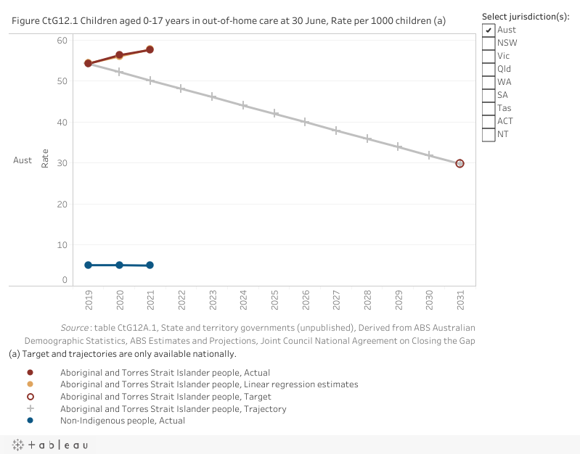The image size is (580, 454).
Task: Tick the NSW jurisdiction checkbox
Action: [489, 43]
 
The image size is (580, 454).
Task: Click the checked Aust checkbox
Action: [489, 30]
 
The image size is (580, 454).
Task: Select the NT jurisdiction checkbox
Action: [489, 134]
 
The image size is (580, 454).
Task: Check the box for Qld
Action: [489, 69]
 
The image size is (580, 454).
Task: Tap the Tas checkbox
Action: [489, 108]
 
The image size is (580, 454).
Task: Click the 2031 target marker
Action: [459, 163]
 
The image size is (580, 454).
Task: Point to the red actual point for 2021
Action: [150, 49]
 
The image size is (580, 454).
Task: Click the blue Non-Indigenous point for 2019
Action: [88, 265]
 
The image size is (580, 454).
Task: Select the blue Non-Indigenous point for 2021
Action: [150, 265]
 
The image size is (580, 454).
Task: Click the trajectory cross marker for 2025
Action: [274, 113]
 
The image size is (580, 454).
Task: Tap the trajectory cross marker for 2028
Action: [367, 138]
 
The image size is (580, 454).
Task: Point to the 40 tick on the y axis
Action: [63, 123]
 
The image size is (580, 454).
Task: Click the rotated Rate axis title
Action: [46, 160]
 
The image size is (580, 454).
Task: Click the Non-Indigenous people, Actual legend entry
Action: [122, 421]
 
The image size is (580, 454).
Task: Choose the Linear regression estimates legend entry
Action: [209, 384]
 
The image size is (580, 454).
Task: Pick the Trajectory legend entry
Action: [173, 408]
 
